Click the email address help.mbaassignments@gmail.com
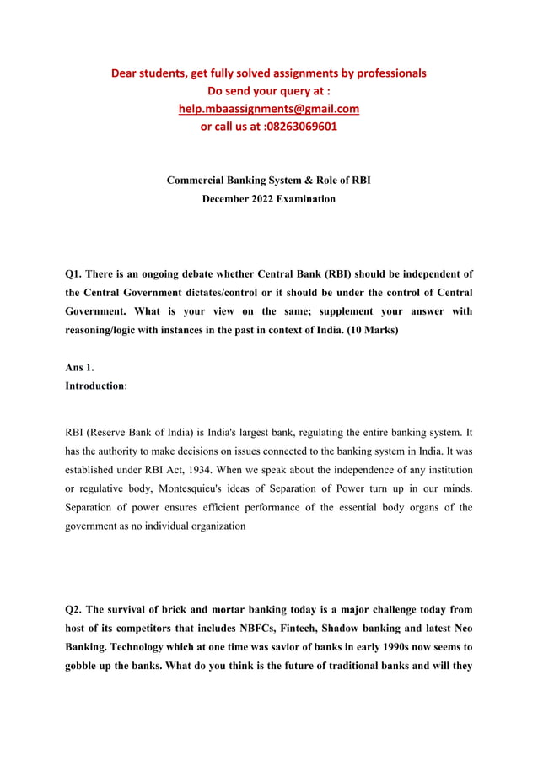tap(269, 109)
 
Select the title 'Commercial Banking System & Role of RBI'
tap(268, 181)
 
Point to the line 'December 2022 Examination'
tap(268, 199)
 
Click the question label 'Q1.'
tap(76, 273)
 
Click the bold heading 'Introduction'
tap(94, 386)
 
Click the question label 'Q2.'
tap(76, 609)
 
